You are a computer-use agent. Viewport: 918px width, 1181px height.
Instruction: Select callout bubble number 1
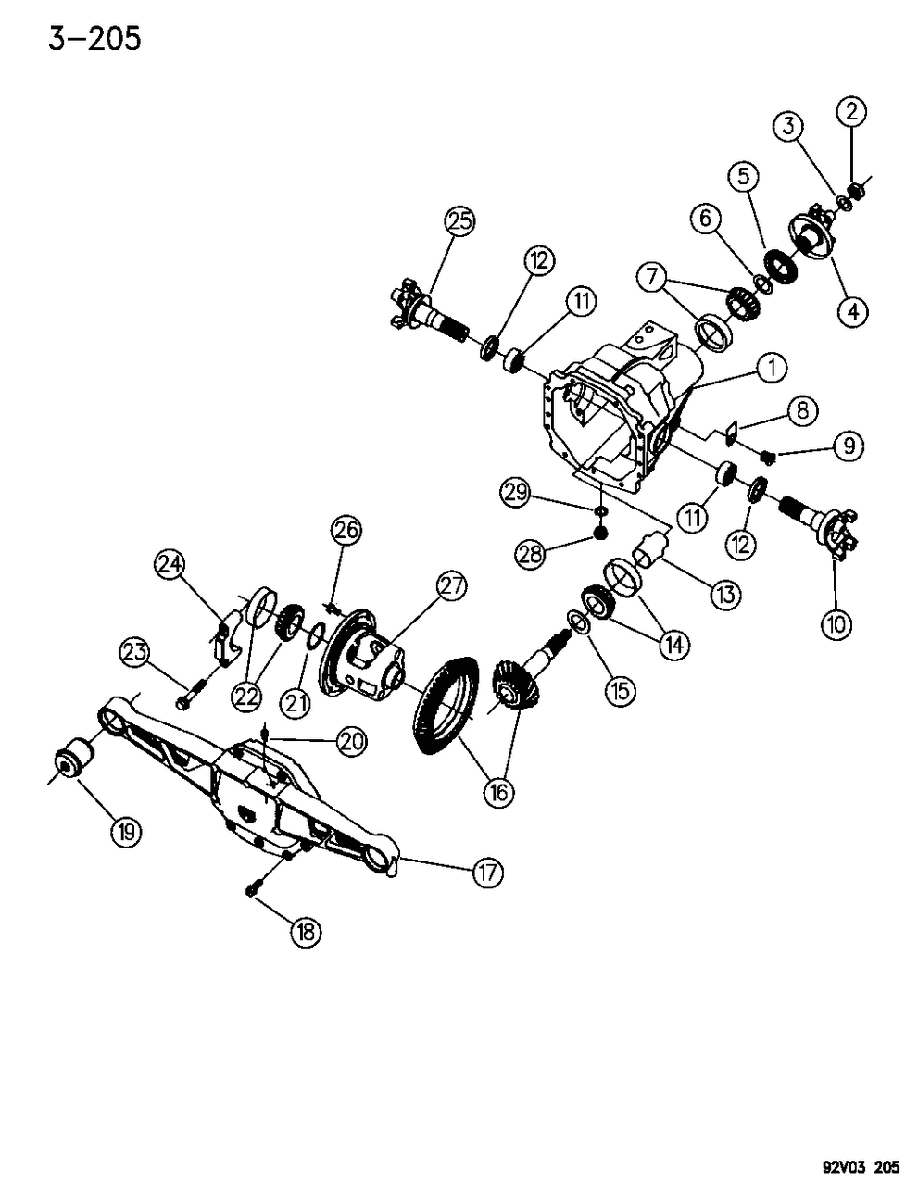pyautogui.click(x=771, y=368)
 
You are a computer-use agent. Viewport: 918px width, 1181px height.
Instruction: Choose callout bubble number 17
pyautogui.click(x=487, y=872)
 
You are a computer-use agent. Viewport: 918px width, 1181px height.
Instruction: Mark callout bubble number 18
pyautogui.click(x=305, y=932)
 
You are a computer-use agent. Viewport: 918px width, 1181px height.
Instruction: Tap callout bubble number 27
pyautogui.click(x=451, y=585)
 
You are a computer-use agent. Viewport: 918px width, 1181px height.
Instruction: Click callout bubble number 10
pyautogui.click(x=836, y=624)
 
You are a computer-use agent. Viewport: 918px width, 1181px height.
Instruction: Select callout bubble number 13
pyautogui.click(x=723, y=594)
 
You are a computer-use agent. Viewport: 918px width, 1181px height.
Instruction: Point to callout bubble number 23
pyautogui.click(x=136, y=653)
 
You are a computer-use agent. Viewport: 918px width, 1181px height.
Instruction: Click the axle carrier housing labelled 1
pyautogui.click(x=602, y=408)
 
